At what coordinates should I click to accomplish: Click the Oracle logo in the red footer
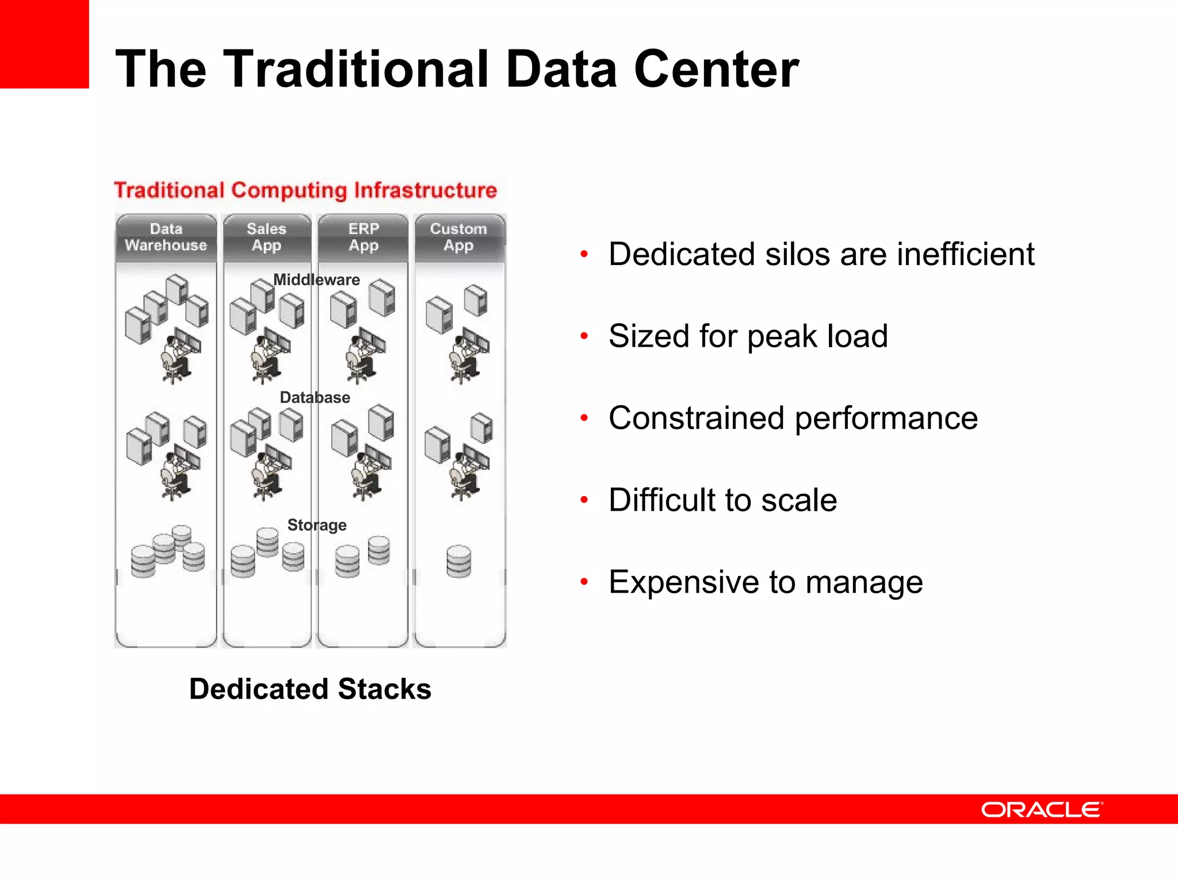(x=1042, y=809)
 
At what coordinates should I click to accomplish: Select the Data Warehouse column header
(x=166, y=237)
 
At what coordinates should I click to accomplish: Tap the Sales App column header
(x=266, y=237)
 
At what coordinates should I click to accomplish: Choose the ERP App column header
(x=364, y=237)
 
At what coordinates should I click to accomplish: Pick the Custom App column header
(x=458, y=237)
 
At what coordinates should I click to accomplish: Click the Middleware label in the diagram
(x=316, y=280)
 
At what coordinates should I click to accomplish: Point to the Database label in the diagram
(x=315, y=397)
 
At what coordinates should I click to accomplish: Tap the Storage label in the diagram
(x=317, y=525)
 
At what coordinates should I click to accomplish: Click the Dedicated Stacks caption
(x=310, y=689)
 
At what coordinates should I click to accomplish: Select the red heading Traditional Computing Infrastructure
(x=305, y=190)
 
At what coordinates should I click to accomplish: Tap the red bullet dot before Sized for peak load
(x=584, y=336)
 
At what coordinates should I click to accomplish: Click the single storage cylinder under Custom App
(x=458, y=561)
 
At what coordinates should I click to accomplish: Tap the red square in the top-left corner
(x=44, y=44)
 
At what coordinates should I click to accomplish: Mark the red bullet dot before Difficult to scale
(x=584, y=500)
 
